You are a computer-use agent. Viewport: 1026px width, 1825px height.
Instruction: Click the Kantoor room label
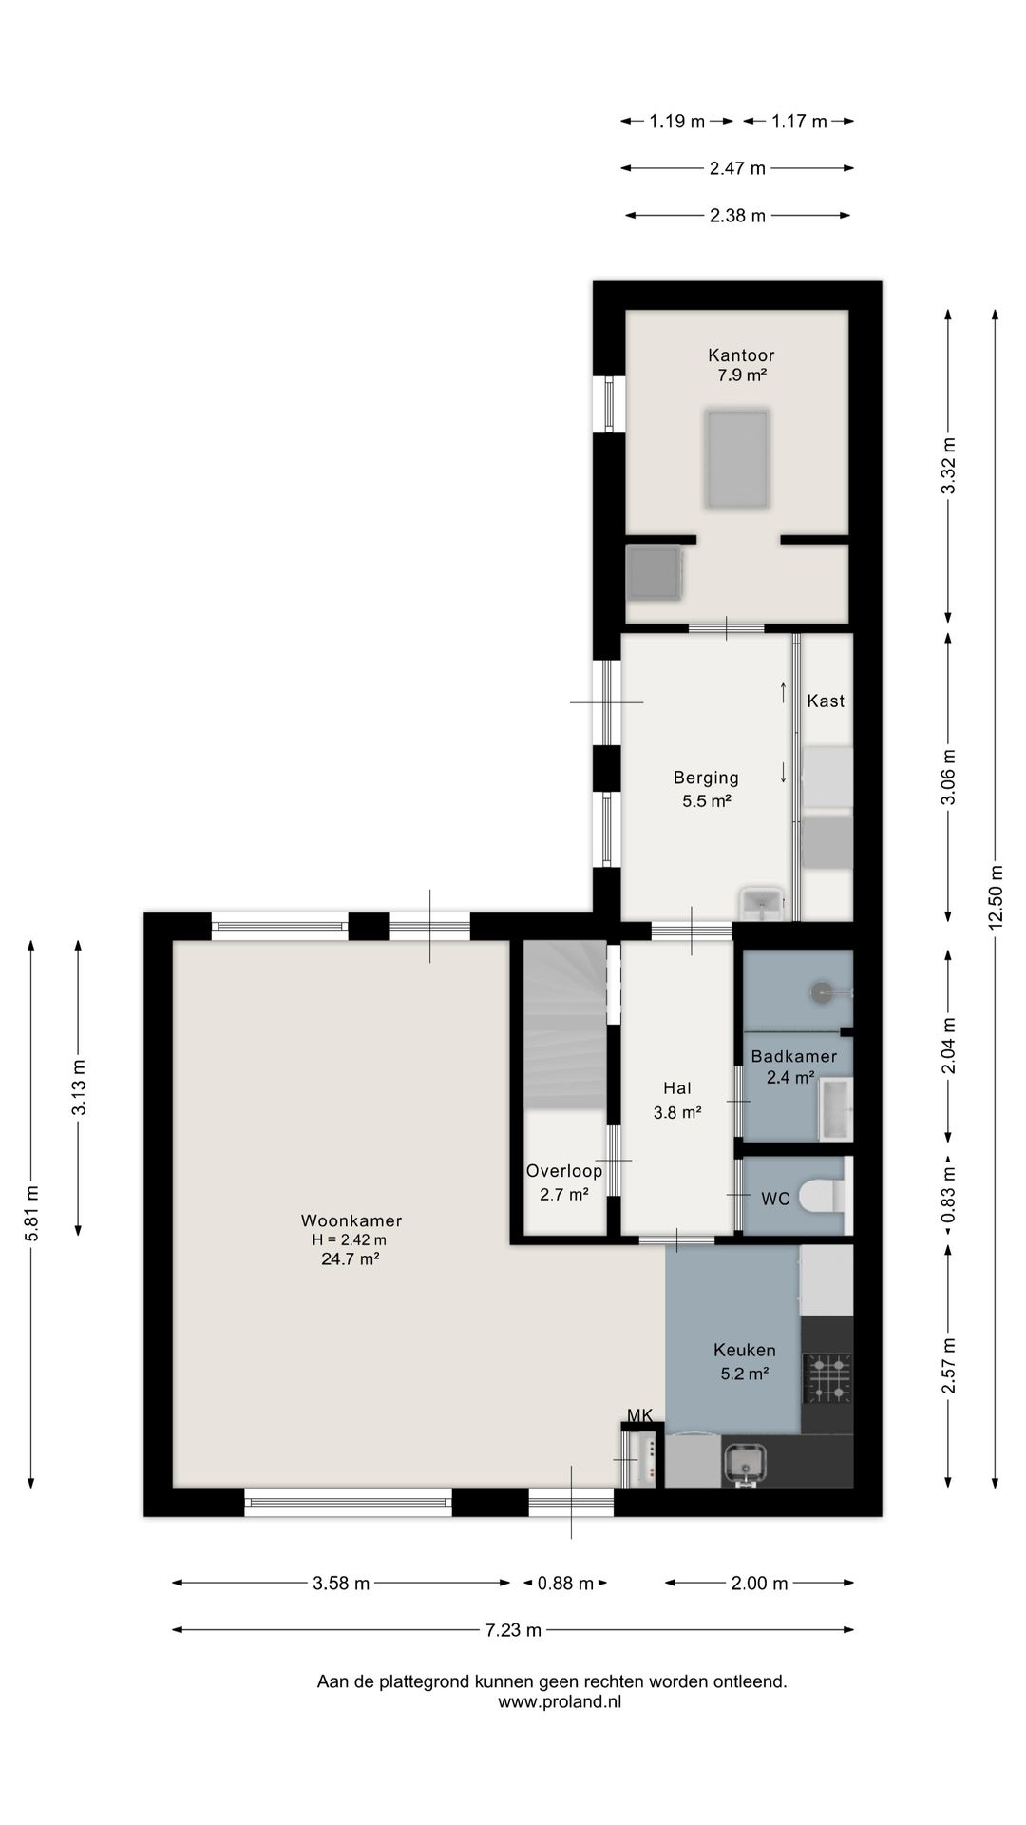(741, 355)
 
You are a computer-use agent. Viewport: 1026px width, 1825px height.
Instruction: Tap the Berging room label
(706, 778)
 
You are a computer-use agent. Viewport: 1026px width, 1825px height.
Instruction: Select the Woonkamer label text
(351, 1220)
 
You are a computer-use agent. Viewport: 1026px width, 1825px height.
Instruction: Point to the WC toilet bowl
(821, 1196)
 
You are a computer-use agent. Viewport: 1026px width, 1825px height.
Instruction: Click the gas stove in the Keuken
(827, 1378)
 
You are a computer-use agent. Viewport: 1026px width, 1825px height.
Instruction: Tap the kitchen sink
(745, 1464)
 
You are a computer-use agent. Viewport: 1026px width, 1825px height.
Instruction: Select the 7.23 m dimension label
(513, 1630)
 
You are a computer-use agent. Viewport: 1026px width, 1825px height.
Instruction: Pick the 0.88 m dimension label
(565, 1584)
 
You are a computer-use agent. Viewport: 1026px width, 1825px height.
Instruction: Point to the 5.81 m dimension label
(31, 1213)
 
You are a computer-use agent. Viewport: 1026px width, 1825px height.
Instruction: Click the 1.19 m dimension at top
(677, 122)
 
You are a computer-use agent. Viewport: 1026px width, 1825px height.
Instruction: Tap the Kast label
(826, 701)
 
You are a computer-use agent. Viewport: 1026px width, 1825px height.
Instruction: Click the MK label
(639, 1415)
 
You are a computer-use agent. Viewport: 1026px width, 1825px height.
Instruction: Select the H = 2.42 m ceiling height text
(349, 1239)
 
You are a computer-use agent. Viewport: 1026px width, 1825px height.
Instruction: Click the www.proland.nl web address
(560, 1701)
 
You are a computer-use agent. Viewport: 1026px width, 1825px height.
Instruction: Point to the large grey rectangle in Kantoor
(736, 459)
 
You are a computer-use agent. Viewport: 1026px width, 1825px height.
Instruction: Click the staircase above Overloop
(565, 1025)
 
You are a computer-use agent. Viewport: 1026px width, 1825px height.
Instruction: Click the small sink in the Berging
(763, 905)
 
